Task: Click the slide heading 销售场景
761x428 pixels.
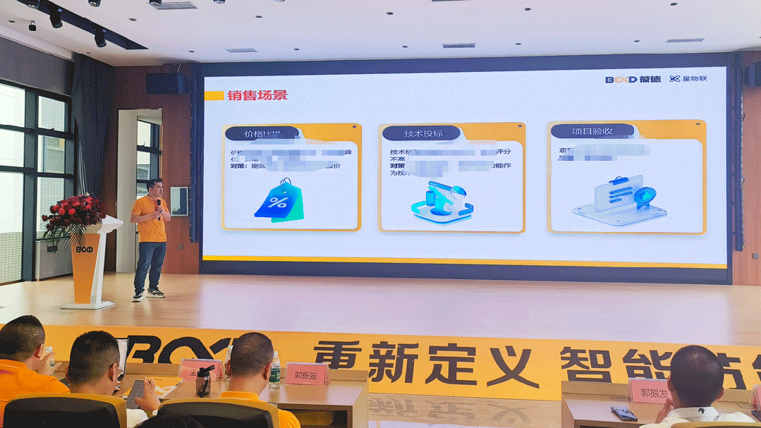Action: [x=257, y=95]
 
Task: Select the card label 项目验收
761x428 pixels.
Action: [x=592, y=131]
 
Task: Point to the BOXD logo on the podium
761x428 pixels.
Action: [x=84, y=249]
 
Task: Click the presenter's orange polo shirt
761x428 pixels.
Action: [x=150, y=219]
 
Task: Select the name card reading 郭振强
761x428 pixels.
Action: [x=305, y=374]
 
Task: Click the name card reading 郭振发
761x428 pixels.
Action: [x=649, y=390]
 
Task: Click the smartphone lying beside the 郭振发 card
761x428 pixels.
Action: [x=623, y=413]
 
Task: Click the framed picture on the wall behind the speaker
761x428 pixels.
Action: [x=178, y=201]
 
